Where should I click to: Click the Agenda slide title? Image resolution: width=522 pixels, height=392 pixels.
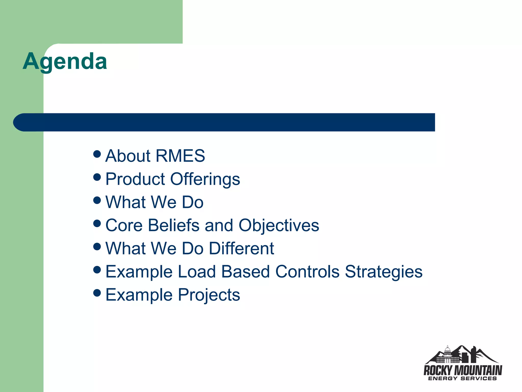(x=65, y=61)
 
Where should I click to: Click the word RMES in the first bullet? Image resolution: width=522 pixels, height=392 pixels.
(x=180, y=156)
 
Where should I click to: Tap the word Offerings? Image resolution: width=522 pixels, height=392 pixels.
(x=205, y=179)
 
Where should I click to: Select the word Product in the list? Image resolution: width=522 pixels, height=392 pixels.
(x=135, y=179)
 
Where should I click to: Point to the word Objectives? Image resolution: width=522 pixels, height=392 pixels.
(x=279, y=225)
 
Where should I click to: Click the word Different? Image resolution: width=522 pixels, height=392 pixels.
(x=241, y=249)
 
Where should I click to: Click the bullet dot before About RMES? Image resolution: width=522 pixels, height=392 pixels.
(x=97, y=154)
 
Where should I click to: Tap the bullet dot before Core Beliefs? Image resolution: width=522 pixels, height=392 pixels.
(x=97, y=224)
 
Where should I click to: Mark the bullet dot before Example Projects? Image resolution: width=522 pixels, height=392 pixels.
(x=97, y=293)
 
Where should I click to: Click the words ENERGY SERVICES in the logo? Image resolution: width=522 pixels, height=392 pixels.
(x=462, y=378)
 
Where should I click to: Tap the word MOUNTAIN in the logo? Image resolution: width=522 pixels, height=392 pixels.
(x=478, y=370)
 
